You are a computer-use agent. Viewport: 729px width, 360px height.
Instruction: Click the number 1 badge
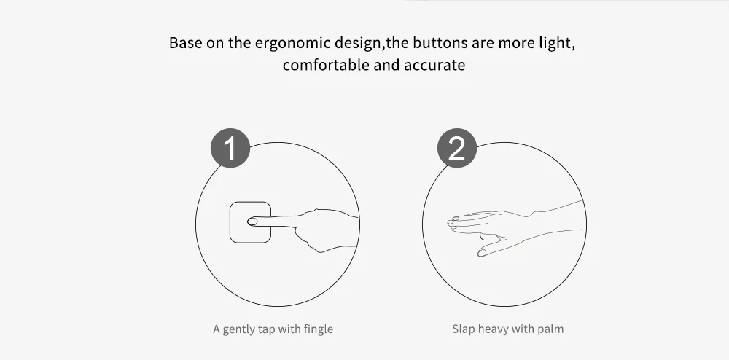(x=230, y=148)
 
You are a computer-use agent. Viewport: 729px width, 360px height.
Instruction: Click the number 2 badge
(x=456, y=148)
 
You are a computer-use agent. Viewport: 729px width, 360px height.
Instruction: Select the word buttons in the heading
(x=440, y=43)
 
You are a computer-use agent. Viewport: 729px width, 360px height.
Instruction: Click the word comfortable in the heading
(x=326, y=65)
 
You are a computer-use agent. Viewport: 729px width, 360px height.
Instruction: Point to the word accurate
(x=434, y=65)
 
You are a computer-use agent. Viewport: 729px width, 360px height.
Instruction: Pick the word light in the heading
(x=556, y=43)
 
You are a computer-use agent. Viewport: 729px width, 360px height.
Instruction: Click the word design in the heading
(x=359, y=43)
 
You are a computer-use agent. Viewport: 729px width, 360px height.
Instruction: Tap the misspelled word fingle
(x=318, y=329)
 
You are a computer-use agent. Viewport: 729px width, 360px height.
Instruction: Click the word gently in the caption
(x=237, y=330)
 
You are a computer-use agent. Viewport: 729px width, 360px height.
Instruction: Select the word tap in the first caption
(x=264, y=330)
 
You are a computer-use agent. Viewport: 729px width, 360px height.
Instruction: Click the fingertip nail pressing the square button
(x=252, y=222)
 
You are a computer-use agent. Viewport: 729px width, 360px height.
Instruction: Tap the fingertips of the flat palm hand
(x=452, y=224)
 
